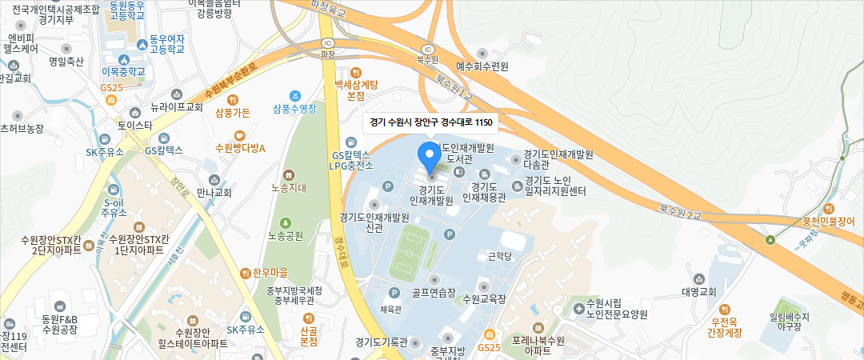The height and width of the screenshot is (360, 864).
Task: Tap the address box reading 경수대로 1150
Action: pyautogui.click(x=430, y=123)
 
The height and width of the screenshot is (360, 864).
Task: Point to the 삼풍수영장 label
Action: pyautogui.click(x=294, y=109)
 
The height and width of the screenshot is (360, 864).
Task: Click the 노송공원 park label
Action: pyautogui.click(x=286, y=236)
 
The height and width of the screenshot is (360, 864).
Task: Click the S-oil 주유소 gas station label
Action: pyautogui.click(x=115, y=207)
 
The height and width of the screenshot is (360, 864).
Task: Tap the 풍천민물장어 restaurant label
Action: pyautogui.click(x=828, y=221)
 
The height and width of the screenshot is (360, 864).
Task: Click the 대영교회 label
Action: pyautogui.click(x=698, y=291)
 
